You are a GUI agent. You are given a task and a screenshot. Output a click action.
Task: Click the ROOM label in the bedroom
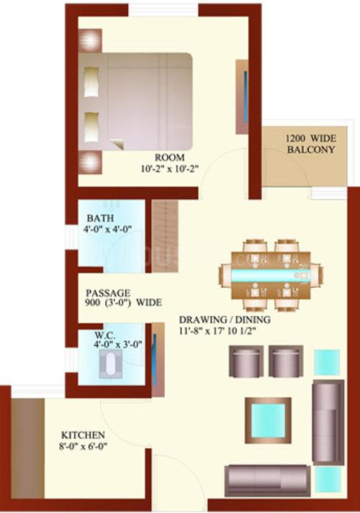tap(169, 158)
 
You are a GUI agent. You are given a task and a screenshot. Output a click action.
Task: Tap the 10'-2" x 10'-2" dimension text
tap(169, 169)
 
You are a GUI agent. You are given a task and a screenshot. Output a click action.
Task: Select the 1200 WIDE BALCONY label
tap(311, 144)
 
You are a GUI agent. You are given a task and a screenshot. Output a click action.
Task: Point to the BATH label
tap(101, 218)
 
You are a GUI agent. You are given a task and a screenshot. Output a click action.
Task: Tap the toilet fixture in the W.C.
tap(110, 363)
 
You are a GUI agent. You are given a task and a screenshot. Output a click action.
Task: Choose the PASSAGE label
tap(108, 293)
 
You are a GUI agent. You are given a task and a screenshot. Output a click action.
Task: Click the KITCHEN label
tap(83, 435)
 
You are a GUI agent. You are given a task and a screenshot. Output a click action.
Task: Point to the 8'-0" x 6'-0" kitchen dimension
tap(83, 446)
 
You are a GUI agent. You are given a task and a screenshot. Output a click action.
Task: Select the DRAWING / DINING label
tap(225, 319)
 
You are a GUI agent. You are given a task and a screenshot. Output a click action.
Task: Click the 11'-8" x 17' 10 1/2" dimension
tap(217, 330)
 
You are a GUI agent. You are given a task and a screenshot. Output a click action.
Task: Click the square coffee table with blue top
tap(269, 420)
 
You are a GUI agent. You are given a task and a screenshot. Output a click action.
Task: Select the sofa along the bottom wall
tap(268, 481)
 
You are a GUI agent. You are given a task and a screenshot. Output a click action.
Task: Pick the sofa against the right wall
tap(328, 422)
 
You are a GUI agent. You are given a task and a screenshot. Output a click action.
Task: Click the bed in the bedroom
tap(135, 101)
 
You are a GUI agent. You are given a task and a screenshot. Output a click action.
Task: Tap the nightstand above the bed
tap(90, 40)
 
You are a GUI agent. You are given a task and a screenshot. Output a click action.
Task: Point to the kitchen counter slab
tap(28, 448)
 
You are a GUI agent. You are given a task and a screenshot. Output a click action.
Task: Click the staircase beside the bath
tap(166, 236)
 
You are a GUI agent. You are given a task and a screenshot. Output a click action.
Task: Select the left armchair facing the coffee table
tap(246, 361)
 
